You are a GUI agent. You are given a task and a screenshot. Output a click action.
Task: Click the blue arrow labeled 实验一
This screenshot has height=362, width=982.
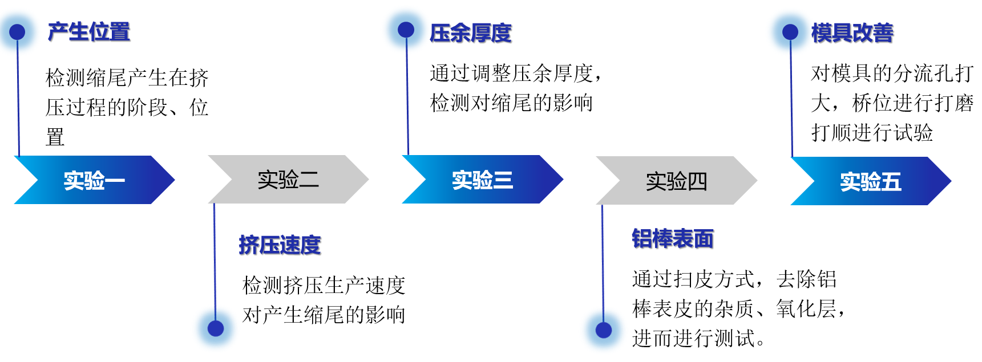tap(95, 180)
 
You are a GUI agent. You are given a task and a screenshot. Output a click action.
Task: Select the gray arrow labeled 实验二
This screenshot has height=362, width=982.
tap(288, 180)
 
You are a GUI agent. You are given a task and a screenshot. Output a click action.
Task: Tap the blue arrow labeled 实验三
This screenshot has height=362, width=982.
tap(483, 180)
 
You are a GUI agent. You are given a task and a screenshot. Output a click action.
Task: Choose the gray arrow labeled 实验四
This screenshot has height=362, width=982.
tap(677, 181)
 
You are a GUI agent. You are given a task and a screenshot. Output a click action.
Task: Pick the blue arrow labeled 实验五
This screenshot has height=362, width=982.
tap(871, 181)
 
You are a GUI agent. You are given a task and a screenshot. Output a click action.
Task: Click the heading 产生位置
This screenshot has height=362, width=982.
tap(89, 32)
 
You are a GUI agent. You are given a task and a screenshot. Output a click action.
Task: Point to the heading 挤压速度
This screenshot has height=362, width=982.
tap(280, 245)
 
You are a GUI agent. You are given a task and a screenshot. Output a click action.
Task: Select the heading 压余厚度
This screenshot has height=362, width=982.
tap(471, 33)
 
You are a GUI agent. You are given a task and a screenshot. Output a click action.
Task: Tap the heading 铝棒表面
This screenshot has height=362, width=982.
tap(673, 239)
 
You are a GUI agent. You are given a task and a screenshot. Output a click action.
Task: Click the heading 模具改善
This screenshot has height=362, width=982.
tap(852, 33)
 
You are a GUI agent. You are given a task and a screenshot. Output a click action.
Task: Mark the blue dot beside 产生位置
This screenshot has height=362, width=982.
tap(18, 32)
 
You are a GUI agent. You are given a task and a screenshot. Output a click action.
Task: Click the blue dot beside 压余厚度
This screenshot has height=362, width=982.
tap(406, 30)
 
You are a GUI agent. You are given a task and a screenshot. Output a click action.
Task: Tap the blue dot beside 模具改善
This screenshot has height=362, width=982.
tap(790, 32)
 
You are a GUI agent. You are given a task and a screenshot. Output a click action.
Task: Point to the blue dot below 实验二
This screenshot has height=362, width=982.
tap(216, 328)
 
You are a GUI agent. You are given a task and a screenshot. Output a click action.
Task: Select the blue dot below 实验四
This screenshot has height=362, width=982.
tap(604, 330)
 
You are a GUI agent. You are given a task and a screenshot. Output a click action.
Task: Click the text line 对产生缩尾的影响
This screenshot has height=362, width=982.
tap(324, 315)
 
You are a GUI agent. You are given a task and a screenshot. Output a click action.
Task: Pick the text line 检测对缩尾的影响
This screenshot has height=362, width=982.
tap(511, 103)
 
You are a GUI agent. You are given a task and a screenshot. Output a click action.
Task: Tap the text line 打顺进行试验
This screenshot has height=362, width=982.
tap(872, 133)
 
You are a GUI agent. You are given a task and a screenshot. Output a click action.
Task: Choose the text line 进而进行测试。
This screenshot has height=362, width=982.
tap(698, 339)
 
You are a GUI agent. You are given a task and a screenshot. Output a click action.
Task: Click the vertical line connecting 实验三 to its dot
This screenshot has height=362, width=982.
tap(407, 94)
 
